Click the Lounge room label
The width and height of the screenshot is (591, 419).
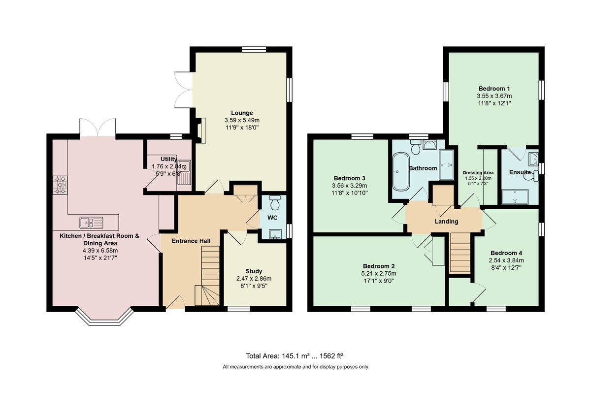tap(242, 113)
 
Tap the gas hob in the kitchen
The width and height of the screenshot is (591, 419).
tap(60, 185)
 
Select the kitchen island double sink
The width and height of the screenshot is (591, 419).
tap(91, 223)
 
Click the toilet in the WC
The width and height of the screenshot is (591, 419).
tap(274, 202)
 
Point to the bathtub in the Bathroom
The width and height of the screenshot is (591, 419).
tap(401, 171)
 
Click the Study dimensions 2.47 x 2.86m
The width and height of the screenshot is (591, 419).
tap(254, 279)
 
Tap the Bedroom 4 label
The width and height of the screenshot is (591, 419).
tap(506, 253)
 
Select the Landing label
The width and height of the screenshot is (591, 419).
tap(446, 222)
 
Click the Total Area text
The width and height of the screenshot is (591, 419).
tap(295, 356)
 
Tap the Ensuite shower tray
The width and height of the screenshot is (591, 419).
tap(515, 197)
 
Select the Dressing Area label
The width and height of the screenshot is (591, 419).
tap(478, 173)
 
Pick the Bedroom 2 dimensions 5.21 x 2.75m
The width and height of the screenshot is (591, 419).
tap(379, 274)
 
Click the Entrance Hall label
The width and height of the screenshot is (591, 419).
tap(191, 241)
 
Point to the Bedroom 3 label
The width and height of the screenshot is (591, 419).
tap(349, 178)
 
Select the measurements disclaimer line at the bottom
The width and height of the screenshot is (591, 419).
tap(295, 367)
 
